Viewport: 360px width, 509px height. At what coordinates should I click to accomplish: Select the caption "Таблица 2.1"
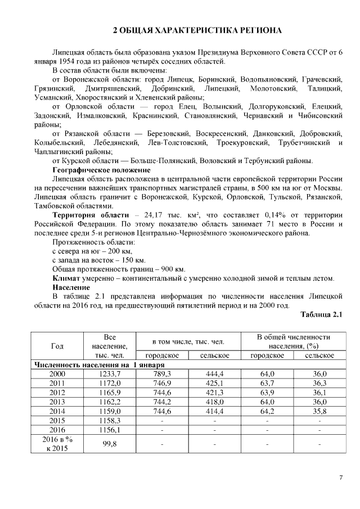click(322, 314)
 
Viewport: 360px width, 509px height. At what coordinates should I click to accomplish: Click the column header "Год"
click(57, 346)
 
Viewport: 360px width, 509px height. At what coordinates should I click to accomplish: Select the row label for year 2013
click(57, 402)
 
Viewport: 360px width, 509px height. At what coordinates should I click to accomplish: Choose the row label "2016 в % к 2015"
click(57, 444)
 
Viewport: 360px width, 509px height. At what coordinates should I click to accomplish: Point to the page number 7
click(340, 478)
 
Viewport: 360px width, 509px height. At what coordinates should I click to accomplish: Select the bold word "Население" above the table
click(71, 287)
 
